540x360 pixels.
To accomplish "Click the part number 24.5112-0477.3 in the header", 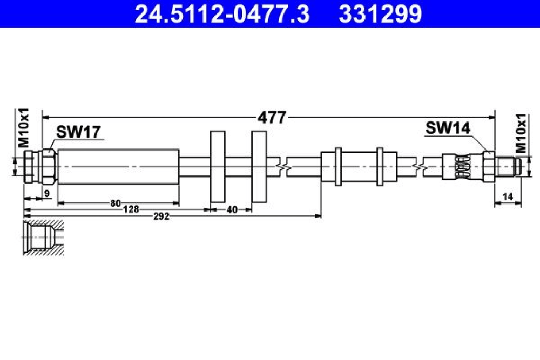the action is click(x=222, y=14).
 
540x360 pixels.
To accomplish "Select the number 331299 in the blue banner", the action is click(x=380, y=14).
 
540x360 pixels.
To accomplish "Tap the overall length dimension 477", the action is click(x=272, y=117).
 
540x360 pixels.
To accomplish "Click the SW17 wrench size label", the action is click(x=78, y=132).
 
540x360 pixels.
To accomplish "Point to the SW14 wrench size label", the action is click(x=448, y=128).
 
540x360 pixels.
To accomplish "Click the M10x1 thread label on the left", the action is click(x=24, y=128).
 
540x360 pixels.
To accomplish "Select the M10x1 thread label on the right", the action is click(x=521, y=133).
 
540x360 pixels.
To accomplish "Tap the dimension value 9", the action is click(x=47, y=193).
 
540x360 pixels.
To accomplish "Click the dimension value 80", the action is click(x=116, y=203).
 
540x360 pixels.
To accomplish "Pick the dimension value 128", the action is click(x=131, y=209).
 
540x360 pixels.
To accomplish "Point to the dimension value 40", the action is click(x=232, y=209).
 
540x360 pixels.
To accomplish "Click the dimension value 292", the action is click(x=161, y=216).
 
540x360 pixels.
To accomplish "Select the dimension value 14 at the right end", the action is click(x=508, y=196).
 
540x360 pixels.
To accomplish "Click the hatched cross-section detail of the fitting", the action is click(x=43, y=237).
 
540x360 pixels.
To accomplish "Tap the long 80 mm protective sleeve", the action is click(x=118, y=167).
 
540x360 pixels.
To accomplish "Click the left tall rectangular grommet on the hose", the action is click(x=218, y=167).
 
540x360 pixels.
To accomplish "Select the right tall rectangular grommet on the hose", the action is click(x=259, y=167).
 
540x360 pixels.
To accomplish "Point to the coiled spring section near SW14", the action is click(x=461, y=167).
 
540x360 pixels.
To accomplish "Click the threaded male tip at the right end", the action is click(x=508, y=167).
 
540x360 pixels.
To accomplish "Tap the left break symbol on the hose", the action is click(x=283, y=167).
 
